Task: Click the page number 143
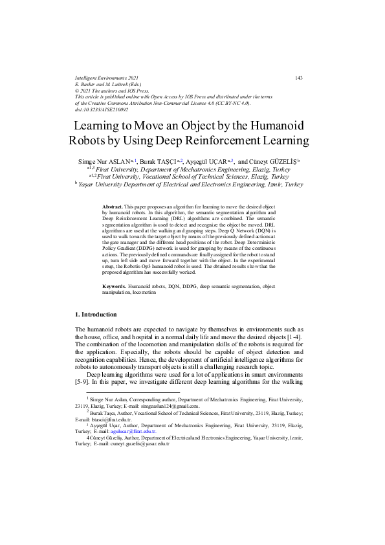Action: click(298, 78)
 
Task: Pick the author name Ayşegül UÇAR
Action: click(208, 161)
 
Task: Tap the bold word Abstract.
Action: click(113, 206)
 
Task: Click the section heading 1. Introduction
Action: click(97, 315)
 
